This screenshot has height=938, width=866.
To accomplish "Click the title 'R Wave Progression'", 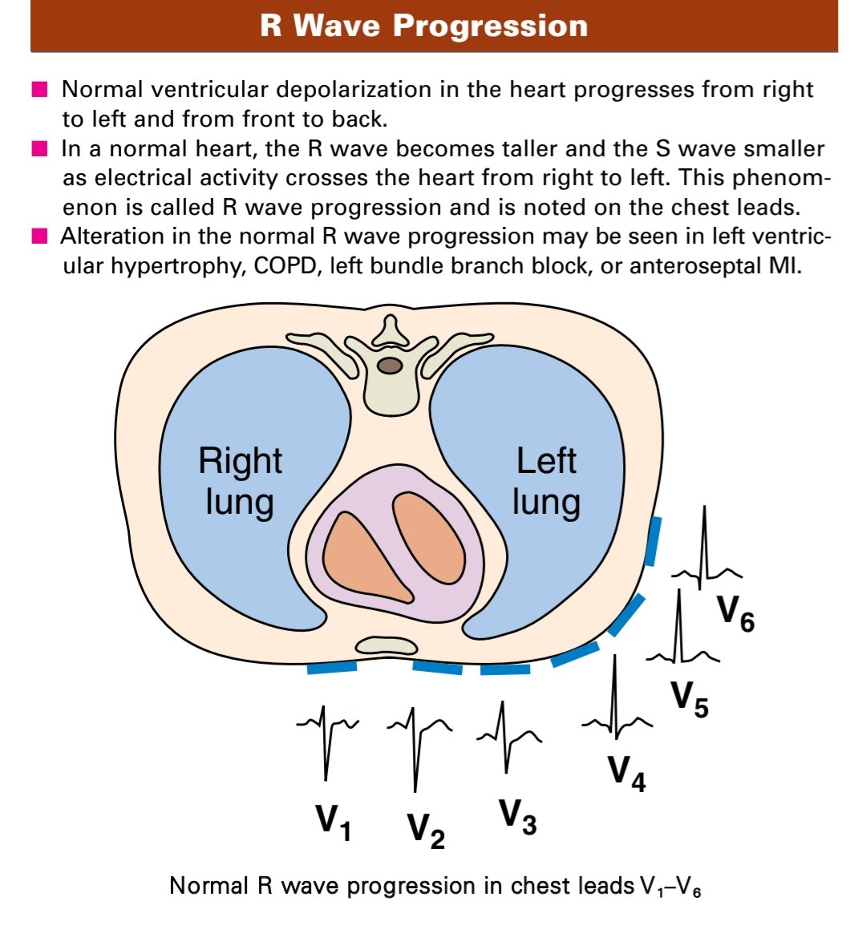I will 424,26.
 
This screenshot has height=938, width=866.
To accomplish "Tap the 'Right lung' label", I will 240,481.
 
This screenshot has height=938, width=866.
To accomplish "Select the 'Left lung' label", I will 546,481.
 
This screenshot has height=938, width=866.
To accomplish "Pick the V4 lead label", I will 626,773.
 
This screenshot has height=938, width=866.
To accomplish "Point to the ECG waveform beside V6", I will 705,553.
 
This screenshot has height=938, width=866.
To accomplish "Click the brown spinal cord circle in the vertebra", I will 390,366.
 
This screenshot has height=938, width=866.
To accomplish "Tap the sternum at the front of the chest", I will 386,645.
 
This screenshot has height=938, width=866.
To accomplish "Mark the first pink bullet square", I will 40,89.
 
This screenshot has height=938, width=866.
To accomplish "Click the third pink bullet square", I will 40,237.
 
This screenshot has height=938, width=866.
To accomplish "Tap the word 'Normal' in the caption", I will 209,886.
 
